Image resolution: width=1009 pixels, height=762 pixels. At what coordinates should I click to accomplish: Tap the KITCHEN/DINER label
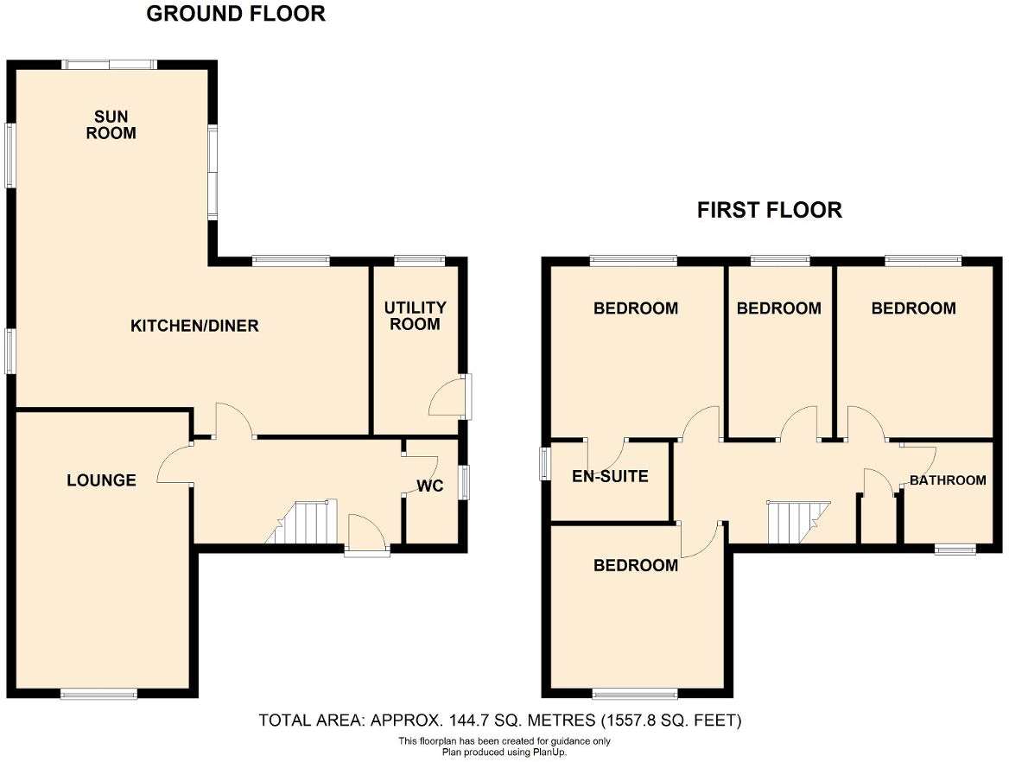(194, 326)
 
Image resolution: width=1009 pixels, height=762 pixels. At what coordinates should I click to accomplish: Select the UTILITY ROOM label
(416, 315)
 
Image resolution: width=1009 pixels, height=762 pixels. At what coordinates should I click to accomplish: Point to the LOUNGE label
(101, 480)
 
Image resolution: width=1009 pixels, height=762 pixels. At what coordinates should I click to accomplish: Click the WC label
(430, 486)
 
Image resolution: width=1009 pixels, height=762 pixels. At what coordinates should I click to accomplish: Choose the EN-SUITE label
(610, 476)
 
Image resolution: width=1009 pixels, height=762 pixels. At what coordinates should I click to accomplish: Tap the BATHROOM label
(948, 480)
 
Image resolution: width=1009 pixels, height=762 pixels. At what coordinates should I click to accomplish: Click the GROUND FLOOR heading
(236, 14)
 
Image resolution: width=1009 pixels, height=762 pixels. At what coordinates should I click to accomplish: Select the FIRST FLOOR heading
(770, 210)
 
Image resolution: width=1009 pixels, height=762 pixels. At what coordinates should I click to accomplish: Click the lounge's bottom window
(98, 692)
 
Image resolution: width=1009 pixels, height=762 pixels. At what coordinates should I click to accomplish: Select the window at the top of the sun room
(109, 64)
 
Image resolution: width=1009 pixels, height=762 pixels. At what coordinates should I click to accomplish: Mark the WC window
(465, 482)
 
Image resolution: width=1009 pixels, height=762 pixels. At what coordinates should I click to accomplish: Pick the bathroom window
(956, 548)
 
